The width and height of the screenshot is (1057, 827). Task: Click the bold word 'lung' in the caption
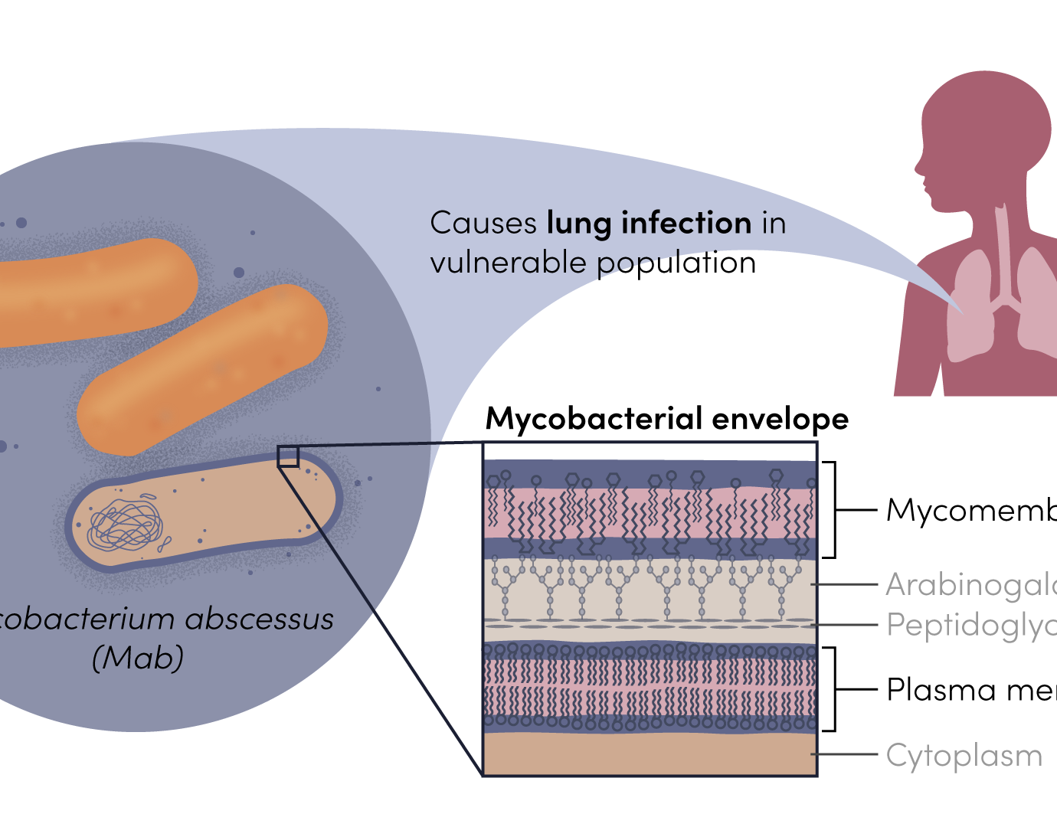click(578, 224)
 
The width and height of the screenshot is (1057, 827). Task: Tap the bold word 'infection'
click(686, 223)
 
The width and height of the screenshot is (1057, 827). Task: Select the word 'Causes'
click(483, 223)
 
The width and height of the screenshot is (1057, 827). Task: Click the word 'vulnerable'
click(508, 263)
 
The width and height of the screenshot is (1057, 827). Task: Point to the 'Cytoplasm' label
click(964, 756)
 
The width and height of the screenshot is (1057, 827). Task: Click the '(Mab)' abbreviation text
click(138, 658)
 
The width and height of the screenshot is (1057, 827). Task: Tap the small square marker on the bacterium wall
click(288, 456)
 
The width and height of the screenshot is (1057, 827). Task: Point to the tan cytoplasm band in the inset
click(650, 753)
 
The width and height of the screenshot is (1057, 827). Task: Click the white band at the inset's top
click(650, 452)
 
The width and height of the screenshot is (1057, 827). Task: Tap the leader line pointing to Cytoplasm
click(845, 754)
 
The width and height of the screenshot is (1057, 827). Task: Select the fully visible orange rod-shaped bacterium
click(204, 370)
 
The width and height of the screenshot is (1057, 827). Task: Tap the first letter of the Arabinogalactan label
click(897, 585)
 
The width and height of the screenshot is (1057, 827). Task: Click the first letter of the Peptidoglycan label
click(895, 626)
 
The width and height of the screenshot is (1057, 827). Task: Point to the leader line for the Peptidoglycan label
click(845, 625)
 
